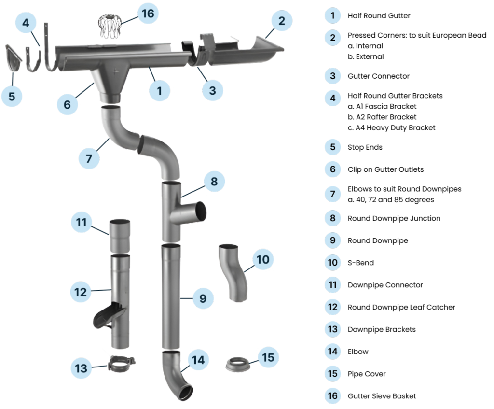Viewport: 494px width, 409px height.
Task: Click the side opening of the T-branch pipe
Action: [200, 212]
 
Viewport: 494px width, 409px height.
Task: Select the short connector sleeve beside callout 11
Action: [120, 236]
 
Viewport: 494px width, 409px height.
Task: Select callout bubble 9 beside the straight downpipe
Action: [203, 298]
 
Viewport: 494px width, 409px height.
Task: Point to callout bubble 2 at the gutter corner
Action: [282, 21]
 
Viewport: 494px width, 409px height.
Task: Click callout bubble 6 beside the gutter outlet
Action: [67, 104]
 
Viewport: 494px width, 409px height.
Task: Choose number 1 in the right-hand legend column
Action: [332, 15]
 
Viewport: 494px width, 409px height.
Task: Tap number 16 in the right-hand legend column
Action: [332, 396]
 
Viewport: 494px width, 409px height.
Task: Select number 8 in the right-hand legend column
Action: [332, 217]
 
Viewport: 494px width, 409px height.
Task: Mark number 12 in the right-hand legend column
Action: [332, 307]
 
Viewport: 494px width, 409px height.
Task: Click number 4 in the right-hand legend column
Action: [332, 99]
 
